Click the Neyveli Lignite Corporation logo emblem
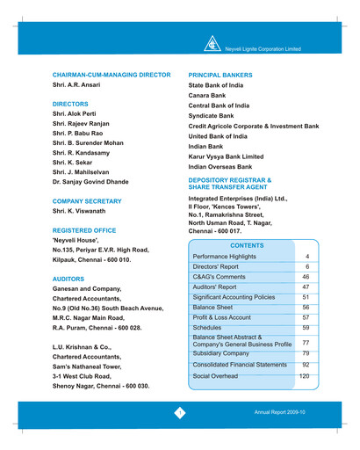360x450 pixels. click(x=213, y=43)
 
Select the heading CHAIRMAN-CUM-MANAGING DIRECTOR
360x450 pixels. click(x=111, y=77)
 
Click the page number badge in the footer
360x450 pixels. click(x=180, y=411)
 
